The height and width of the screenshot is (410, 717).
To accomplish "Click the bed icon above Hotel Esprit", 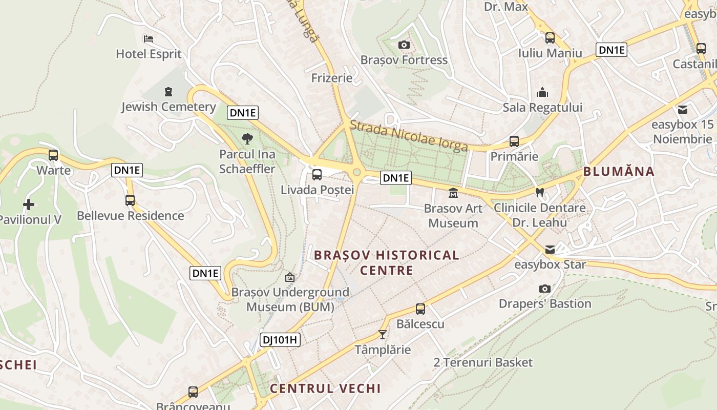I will coord(149,38).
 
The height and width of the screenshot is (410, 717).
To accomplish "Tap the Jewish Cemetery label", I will coord(168,107).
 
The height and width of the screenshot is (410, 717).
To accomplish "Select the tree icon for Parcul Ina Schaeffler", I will coord(247,138).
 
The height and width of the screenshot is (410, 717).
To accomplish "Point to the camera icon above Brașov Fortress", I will coord(404,45).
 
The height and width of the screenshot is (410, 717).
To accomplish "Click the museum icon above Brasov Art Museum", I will coord(453,193).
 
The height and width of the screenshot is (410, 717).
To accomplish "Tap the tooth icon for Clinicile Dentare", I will coord(539,193).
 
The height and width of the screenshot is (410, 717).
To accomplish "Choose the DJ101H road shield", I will coord(280,340).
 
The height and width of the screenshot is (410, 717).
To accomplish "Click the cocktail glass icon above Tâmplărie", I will coord(383,334).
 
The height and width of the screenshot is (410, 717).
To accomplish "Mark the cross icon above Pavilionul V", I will coord(29,204).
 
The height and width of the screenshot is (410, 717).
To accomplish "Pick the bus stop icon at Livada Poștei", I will coord(317,175).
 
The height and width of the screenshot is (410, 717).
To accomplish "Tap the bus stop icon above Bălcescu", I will coord(420,309).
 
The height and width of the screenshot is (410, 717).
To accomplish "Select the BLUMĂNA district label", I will coord(619,171).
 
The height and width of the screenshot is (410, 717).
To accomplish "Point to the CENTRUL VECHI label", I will coord(325,388).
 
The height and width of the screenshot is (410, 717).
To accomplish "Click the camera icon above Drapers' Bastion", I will coord(545,289).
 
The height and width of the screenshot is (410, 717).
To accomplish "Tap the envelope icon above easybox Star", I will coord(550,250).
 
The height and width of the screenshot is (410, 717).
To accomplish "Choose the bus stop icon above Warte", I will coord(53,155).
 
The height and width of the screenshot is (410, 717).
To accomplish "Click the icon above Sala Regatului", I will coord(542,93).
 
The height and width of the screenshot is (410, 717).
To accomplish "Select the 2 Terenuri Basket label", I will coord(483,363).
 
